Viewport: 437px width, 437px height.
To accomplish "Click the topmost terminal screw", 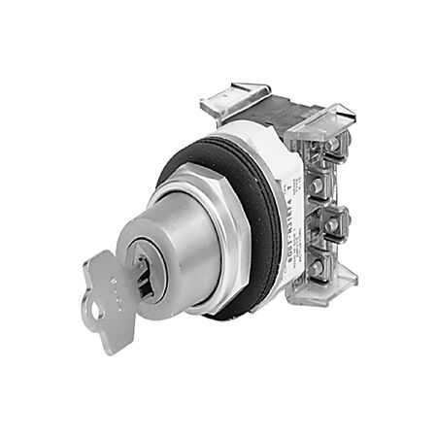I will coord(332,145).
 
